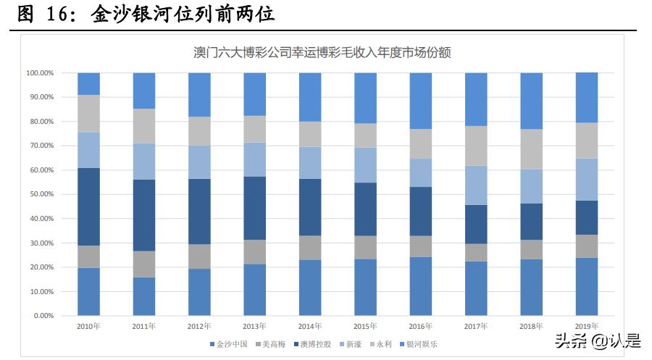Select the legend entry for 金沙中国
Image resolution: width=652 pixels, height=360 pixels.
coord(229,344)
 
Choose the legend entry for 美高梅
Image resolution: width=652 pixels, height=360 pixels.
coord(272,344)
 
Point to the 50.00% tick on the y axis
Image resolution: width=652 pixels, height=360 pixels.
coord(40,194)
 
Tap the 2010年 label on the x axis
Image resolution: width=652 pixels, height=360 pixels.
coord(88,327)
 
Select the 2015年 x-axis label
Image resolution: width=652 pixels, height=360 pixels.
coord(365,327)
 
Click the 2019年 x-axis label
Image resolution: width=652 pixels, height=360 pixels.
coord(586,327)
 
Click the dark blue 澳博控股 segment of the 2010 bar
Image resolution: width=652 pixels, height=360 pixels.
coord(88,206)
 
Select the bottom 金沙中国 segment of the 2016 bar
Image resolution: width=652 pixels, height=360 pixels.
coord(420,286)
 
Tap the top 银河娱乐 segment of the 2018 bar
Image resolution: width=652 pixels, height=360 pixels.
coord(531,101)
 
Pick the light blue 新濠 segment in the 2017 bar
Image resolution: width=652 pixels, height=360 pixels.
coord(476,185)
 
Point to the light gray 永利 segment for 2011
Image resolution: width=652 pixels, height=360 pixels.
coord(143,125)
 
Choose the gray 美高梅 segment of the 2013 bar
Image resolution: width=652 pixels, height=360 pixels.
coord(254,251)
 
